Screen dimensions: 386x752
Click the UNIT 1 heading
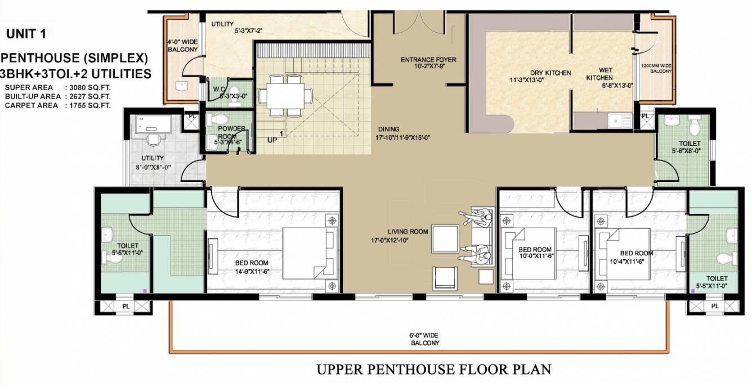click(26, 34)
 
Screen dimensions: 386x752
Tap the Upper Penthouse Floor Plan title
click(433, 370)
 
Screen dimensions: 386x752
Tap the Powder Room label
click(231, 132)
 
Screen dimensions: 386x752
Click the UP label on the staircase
click(272, 140)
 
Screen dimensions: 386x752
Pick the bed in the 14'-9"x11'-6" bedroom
click(311, 251)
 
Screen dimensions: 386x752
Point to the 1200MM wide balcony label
click(656, 68)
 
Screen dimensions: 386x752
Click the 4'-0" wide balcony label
click(182, 46)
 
